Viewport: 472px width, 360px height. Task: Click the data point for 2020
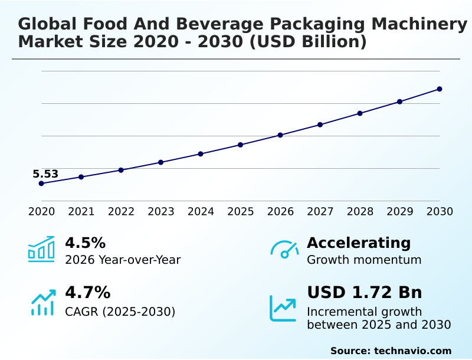click(x=41, y=184)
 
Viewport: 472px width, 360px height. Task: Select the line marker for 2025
click(x=241, y=145)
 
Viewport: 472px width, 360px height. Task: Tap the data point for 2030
click(x=440, y=89)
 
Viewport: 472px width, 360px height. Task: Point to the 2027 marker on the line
click(x=320, y=125)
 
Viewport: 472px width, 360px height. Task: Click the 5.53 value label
click(x=45, y=174)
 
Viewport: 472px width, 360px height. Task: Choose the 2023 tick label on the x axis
click(x=161, y=211)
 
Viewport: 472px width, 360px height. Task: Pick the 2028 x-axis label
click(x=360, y=211)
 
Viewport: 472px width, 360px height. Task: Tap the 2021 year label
click(x=81, y=211)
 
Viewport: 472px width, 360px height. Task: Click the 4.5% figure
click(x=85, y=243)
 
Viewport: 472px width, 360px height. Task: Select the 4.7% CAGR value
click(x=87, y=292)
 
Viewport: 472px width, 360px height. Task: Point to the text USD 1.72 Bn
click(x=365, y=292)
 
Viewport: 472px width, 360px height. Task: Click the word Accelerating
click(x=359, y=243)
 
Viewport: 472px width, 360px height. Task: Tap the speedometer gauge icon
click(x=284, y=250)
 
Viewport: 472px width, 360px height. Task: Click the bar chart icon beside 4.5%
click(x=41, y=249)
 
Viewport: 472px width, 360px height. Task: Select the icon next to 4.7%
click(x=42, y=302)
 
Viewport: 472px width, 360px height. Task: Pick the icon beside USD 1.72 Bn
click(x=283, y=308)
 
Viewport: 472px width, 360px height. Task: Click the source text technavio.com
click(x=412, y=351)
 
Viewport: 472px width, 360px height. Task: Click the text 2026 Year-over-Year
click(x=123, y=260)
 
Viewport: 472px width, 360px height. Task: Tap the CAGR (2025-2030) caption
click(x=120, y=311)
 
